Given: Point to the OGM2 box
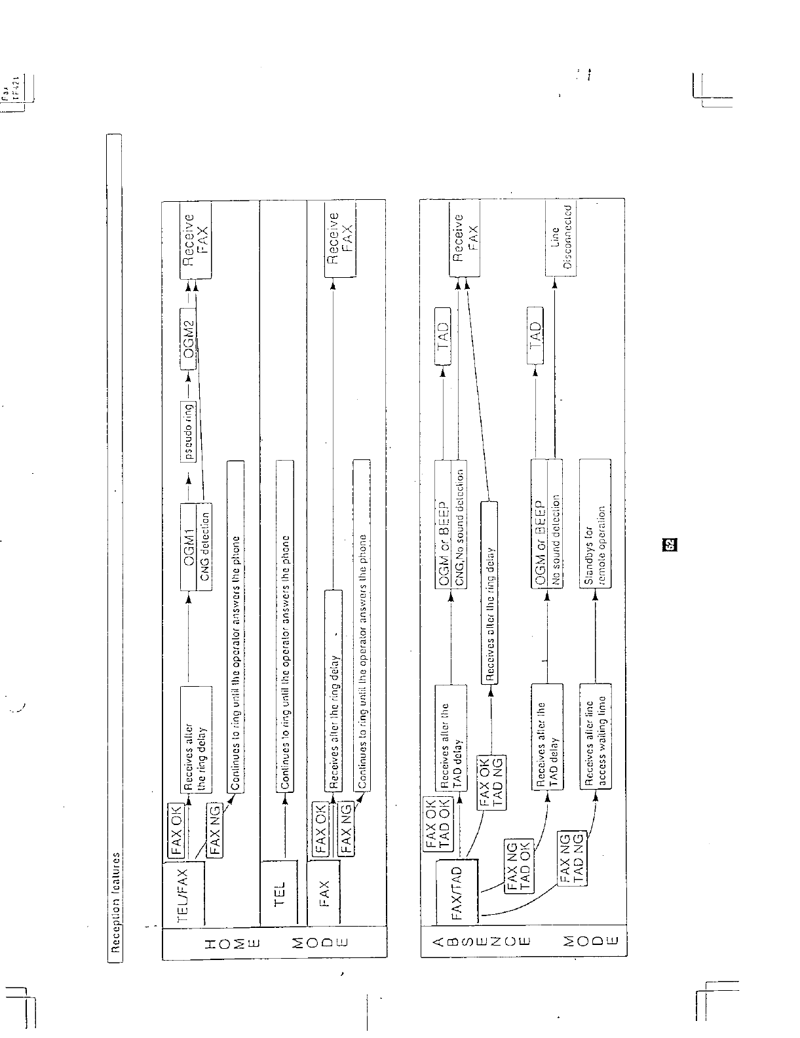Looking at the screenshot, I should click(189, 343).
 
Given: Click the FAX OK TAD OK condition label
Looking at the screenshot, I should click(437, 824).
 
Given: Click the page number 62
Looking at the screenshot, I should click(670, 543).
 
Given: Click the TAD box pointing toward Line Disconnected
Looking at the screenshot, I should click(535, 336).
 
